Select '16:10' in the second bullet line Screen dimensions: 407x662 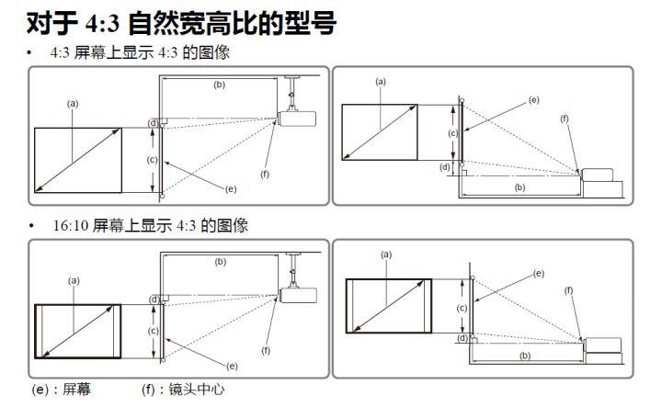(x=70, y=225)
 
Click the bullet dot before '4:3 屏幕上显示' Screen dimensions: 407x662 (x=30, y=53)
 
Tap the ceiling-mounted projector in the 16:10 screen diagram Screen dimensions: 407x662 (x=295, y=293)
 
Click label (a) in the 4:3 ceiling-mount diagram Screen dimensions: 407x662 (x=73, y=104)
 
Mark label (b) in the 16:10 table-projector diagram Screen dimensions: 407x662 (x=525, y=355)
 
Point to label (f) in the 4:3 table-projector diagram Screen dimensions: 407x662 (x=565, y=119)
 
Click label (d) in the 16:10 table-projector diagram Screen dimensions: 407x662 (x=461, y=337)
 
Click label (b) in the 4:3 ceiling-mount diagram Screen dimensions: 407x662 (x=219, y=85)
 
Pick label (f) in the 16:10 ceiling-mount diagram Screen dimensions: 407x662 (x=266, y=350)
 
